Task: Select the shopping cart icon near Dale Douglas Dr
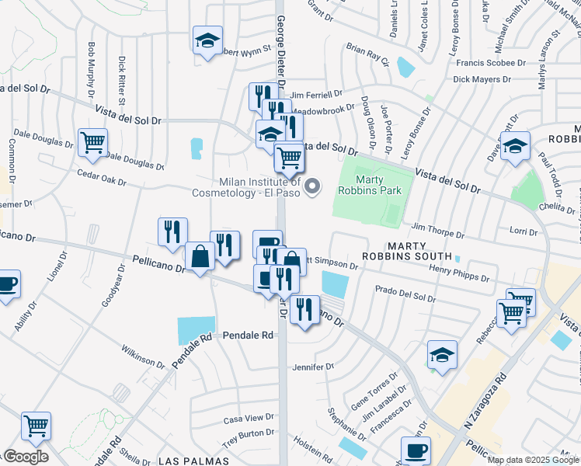[x=92, y=143]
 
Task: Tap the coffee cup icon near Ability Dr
[x=6, y=284]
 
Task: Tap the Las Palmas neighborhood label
[x=190, y=461]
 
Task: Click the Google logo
[x=25, y=456]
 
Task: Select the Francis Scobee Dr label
[x=492, y=62]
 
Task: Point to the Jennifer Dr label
[x=313, y=367]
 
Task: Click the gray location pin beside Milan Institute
[x=313, y=186]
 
